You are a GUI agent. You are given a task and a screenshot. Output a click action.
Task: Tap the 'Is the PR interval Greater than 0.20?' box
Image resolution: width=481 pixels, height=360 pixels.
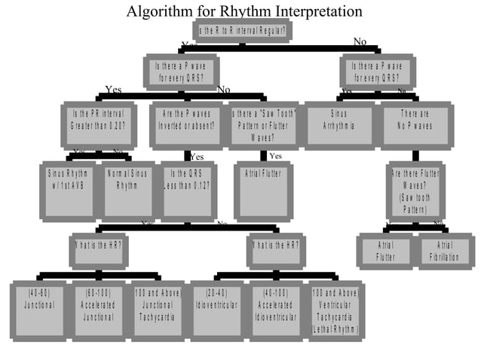(x=99, y=124)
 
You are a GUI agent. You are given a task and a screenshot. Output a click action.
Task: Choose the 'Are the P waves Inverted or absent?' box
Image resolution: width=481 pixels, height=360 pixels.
(x=187, y=124)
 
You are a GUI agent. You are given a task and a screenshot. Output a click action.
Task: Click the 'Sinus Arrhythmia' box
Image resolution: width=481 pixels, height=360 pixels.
(x=339, y=124)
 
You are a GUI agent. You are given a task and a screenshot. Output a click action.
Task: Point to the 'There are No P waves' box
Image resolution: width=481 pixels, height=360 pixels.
(x=415, y=124)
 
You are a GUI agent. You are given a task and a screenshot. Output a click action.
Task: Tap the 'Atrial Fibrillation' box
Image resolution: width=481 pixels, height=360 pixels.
(x=445, y=251)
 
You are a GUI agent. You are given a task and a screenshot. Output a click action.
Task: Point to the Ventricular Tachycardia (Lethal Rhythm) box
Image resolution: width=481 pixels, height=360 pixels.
(x=335, y=310)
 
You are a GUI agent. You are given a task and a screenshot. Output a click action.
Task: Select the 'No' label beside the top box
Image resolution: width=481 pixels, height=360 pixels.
(x=360, y=41)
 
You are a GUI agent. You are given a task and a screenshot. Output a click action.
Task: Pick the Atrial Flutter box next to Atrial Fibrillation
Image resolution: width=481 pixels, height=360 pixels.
(x=385, y=251)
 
